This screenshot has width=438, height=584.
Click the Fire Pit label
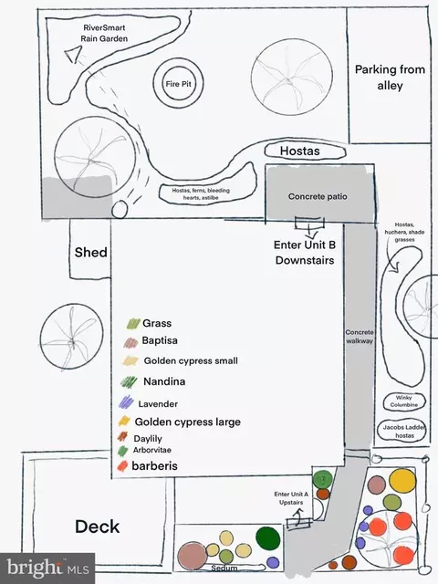click(179, 84)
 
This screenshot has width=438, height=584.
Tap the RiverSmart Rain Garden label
click(104, 33)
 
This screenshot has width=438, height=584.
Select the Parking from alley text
click(390, 78)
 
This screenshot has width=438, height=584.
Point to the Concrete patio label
click(318, 196)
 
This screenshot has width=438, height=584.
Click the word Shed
click(91, 252)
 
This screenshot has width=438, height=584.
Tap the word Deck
click(98, 527)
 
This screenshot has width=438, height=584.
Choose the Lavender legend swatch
click(126, 401)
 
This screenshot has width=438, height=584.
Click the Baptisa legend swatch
click(130, 342)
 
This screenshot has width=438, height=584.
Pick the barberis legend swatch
click(122, 466)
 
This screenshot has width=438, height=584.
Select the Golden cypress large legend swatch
click(124, 421)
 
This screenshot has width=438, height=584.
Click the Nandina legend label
click(164, 381)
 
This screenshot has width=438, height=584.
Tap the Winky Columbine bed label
click(404, 401)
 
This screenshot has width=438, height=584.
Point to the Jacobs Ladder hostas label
click(404, 432)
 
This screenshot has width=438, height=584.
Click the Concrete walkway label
click(360, 337)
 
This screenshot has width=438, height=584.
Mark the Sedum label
click(224, 568)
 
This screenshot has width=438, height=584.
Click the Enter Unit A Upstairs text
click(291, 498)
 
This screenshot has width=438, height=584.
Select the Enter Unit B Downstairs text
click(305, 252)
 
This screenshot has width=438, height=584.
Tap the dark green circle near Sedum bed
click(267, 538)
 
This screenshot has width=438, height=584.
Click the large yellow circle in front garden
click(402, 481)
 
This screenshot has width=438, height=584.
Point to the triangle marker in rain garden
click(74, 55)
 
